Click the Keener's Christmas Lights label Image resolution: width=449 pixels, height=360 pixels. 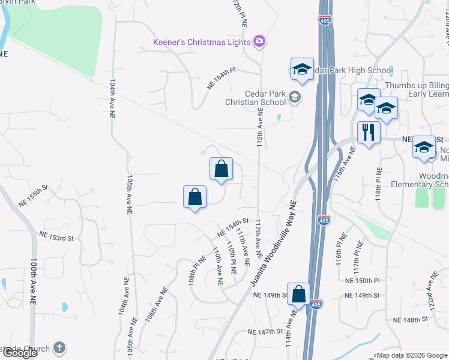click(202, 41)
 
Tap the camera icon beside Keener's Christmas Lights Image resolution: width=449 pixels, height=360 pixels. click(259, 41)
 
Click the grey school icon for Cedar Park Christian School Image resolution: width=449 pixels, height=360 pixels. click(295, 96)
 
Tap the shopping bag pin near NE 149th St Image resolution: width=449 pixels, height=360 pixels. click(298, 294)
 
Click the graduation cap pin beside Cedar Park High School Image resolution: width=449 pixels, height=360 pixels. click(302, 69)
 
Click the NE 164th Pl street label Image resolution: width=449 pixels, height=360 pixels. click(222, 79)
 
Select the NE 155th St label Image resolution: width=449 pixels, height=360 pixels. click(32, 196)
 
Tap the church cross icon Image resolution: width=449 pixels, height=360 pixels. click(59, 347)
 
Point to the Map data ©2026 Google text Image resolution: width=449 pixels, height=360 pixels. click(412, 355)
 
